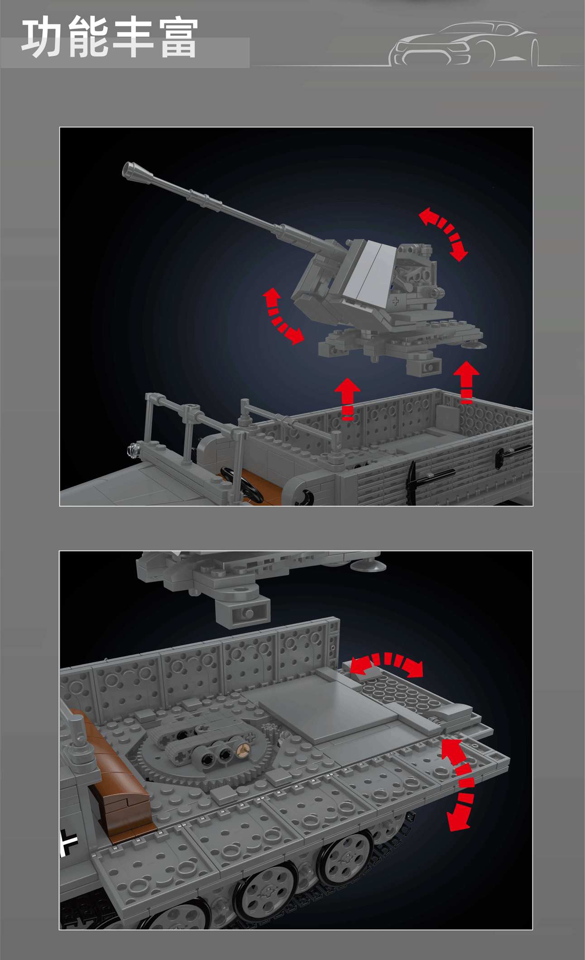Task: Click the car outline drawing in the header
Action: pos(464,44)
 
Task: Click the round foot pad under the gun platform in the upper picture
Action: pos(474,345)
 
